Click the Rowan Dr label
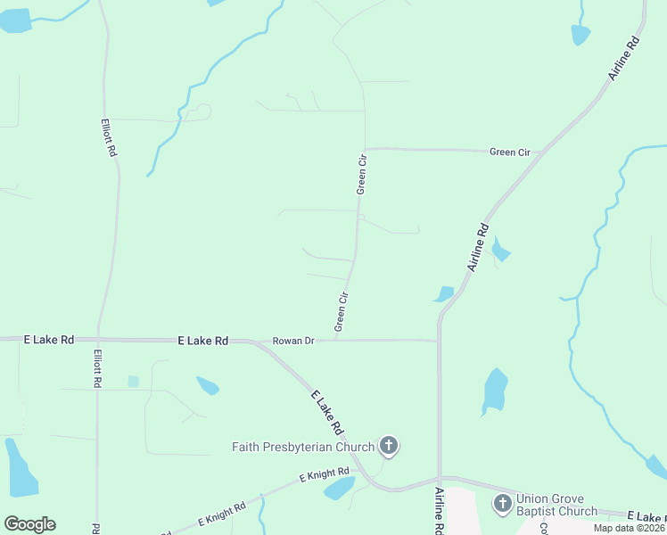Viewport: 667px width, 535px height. coord(293,341)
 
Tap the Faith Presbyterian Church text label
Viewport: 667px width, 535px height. coord(303,446)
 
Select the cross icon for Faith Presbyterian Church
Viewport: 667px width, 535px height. coord(388,445)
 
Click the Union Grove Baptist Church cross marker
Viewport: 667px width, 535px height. coord(502,504)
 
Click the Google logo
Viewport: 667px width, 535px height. coord(29,524)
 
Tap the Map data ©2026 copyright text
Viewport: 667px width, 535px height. coord(630,528)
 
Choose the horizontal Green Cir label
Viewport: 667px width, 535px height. coord(510,152)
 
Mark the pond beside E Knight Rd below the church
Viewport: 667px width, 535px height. coord(339,488)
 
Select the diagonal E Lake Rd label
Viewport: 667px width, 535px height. coord(327,412)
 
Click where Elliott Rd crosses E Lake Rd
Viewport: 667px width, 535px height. coord(98,340)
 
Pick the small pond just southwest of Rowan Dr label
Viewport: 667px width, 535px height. coord(207,385)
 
